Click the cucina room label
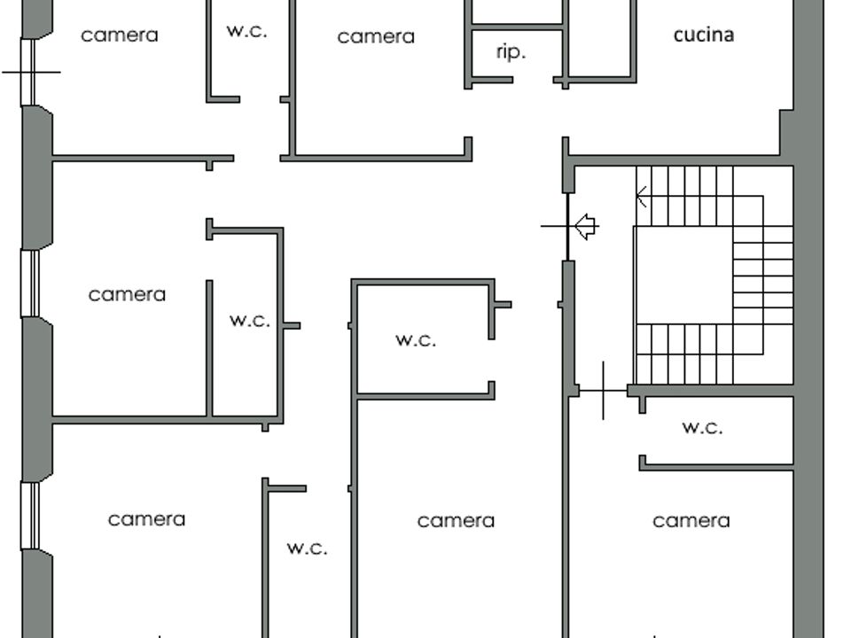point(703,35)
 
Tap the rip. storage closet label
point(511,52)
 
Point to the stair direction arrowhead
point(641,197)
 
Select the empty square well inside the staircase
point(683,275)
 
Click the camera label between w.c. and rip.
point(376,37)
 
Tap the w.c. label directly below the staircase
point(702,427)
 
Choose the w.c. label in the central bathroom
point(416,340)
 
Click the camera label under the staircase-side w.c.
point(691,521)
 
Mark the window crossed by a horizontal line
point(27,72)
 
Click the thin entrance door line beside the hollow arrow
point(567,227)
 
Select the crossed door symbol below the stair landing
point(603,390)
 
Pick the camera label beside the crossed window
point(120,35)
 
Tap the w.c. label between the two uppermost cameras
point(247,31)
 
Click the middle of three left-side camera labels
point(127,294)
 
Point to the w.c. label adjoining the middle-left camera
point(250,320)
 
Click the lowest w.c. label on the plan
point(308,548)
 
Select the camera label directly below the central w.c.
point(456,521)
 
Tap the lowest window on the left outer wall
point(30,516)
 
